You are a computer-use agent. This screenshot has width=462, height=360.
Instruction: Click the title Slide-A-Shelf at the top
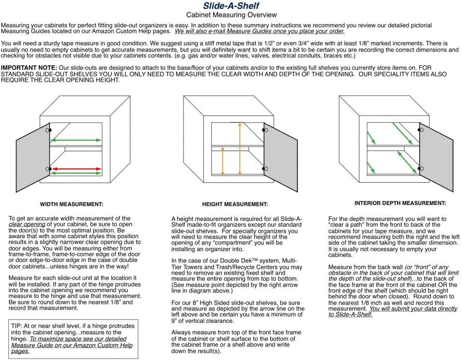(x=231, y=6)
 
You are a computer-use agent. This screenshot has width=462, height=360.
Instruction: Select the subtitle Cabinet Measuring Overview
(x=231, y=15)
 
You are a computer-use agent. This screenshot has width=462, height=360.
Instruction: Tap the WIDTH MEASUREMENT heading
(x=71, y=204)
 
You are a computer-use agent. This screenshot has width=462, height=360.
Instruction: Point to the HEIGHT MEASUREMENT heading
(x=235, y=204)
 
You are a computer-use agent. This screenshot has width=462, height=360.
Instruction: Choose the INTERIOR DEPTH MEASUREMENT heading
(x=400, y=203)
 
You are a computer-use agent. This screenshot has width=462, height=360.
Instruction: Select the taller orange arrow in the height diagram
(x=240, y=149)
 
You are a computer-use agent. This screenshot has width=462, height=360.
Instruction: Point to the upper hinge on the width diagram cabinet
(x=48, y=130)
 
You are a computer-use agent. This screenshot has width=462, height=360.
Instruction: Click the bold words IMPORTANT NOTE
(x=29, y=67)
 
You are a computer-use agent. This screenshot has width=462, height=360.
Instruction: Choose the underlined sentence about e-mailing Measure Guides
(x=259, y=31)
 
